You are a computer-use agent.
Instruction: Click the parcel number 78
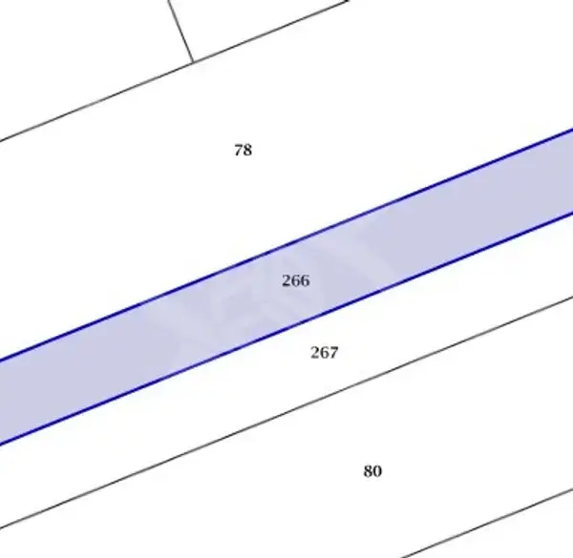243,150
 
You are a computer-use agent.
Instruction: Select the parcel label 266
296,280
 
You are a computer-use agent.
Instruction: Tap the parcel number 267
325,353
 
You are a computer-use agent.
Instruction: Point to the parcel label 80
372,471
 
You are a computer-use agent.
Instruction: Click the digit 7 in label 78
239,150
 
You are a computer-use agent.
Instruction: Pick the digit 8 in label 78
247,150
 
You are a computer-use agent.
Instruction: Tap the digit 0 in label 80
377,471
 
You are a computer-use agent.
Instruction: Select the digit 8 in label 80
368,471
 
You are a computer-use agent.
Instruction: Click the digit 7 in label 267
333,353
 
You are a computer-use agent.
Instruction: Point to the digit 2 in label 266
286,280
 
